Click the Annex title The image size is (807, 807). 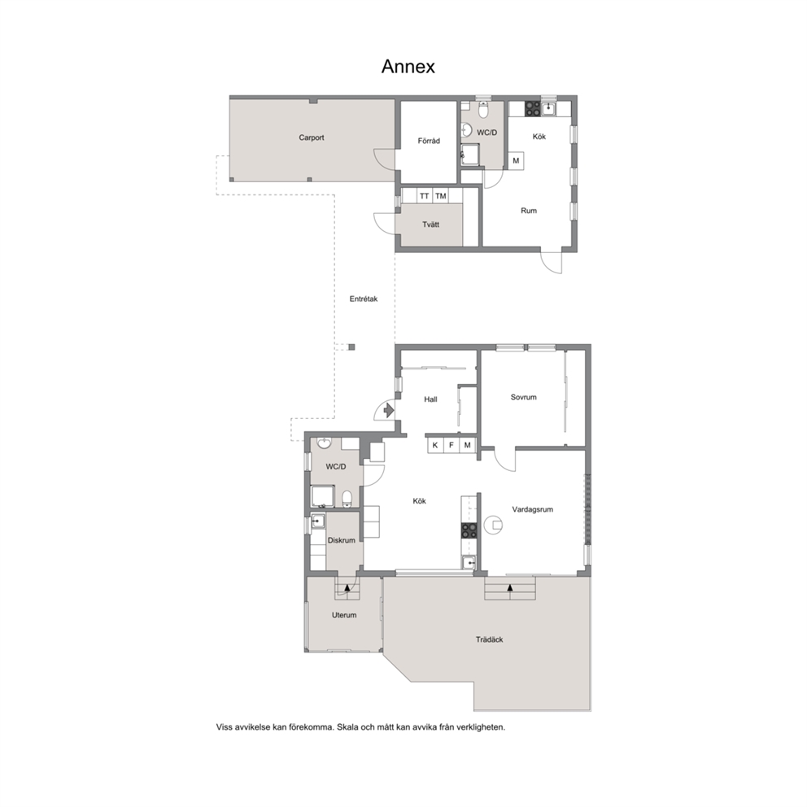408,67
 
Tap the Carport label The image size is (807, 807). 312,137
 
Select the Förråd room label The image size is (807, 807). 429,141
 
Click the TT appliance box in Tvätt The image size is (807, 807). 424,196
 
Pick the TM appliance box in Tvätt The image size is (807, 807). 441,196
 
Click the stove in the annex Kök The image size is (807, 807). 532,108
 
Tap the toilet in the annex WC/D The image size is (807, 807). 483,111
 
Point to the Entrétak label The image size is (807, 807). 364,299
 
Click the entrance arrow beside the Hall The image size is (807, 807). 389,410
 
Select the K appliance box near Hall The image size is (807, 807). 435,445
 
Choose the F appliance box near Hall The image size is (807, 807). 451,445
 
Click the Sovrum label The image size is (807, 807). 523,397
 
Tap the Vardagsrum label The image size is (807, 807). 533,509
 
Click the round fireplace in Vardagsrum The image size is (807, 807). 494,525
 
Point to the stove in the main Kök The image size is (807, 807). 469,530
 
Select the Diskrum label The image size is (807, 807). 342,540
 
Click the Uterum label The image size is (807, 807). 344,615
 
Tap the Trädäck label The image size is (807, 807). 490,639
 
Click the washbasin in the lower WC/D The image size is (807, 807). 325,444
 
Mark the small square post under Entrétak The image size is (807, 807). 351,347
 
